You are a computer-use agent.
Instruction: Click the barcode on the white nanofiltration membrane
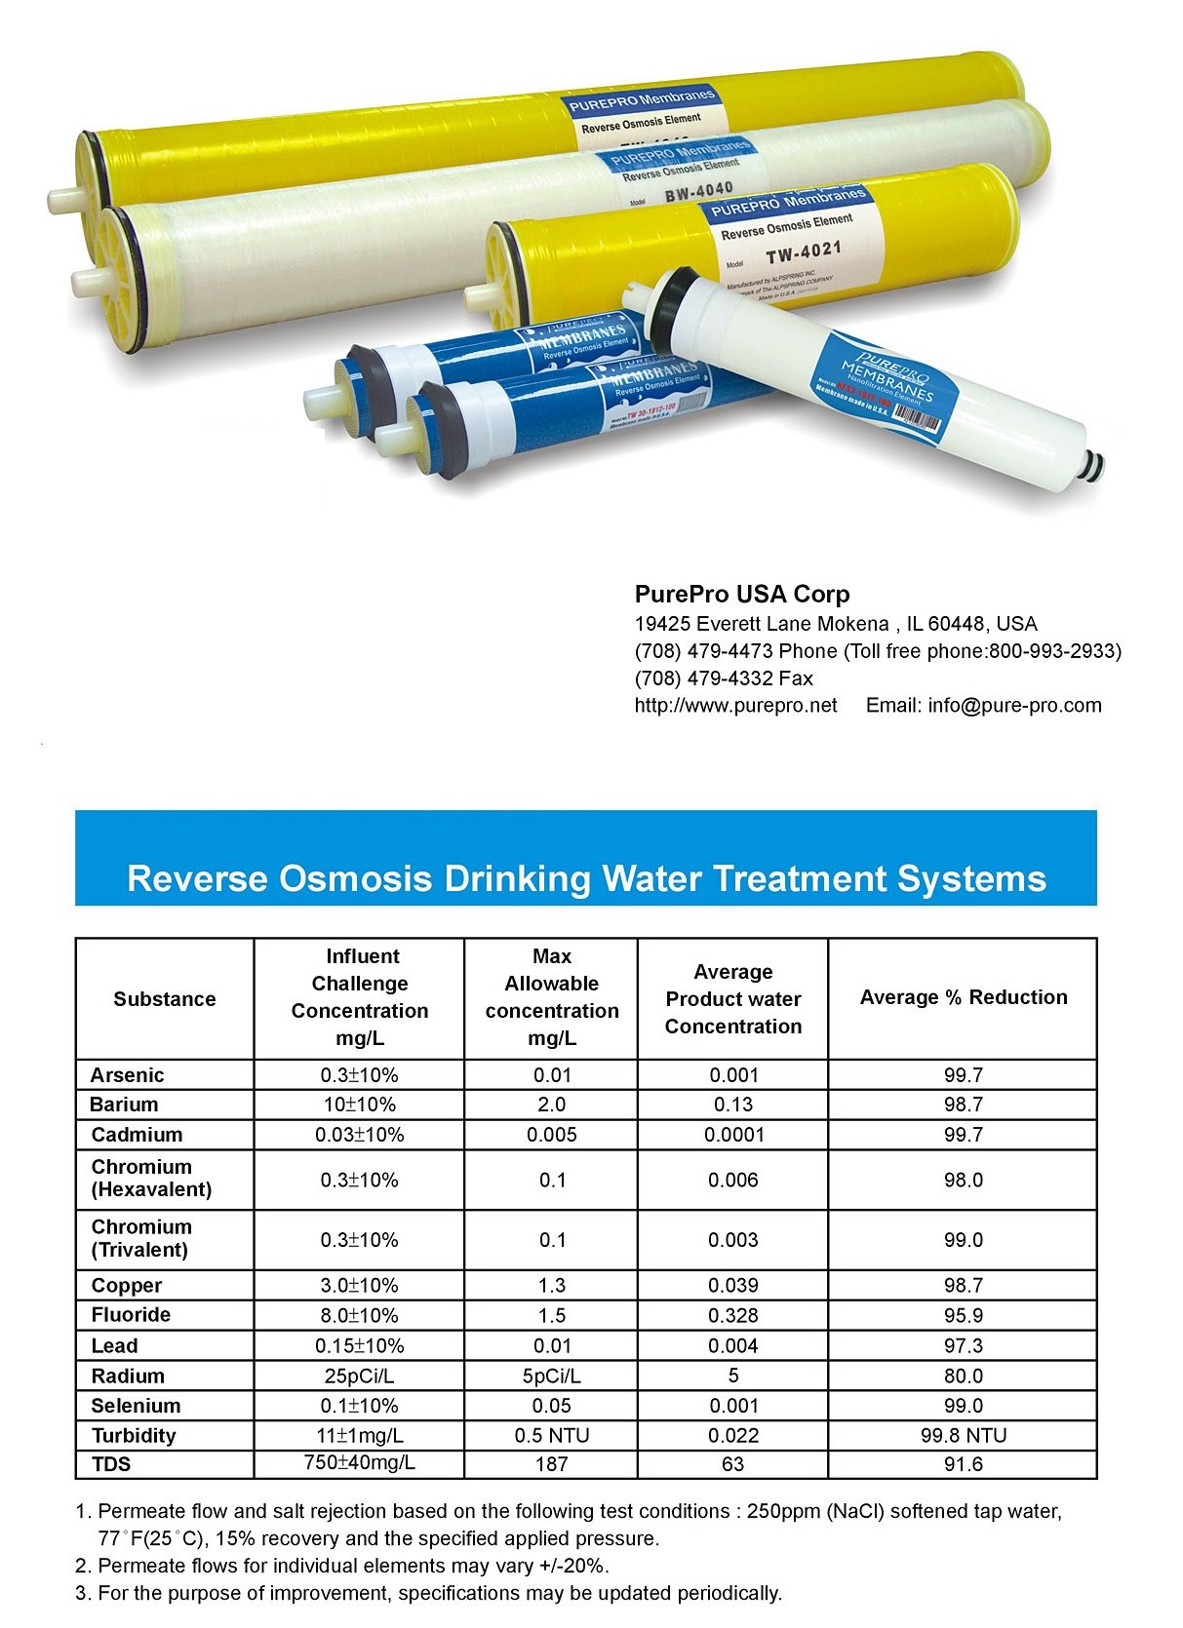tap(918, 418)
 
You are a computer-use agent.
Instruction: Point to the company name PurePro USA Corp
tap(741, 595)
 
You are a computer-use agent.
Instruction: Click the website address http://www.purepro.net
tap(735, 706)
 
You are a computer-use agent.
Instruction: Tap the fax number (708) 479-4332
tap(724, 678)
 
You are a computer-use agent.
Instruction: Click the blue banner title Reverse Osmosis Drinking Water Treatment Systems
tap(586, 878)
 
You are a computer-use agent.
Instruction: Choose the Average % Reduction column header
tap(963, 997)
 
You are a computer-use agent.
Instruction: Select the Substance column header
tap(164, 999)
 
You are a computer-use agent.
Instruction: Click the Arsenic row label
tap(127, 1075)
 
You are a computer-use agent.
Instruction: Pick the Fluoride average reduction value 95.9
tap(963, 1315)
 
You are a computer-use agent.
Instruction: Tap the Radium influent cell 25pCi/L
tap(359, 1376)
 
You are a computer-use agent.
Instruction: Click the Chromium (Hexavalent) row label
tap(151, 1179)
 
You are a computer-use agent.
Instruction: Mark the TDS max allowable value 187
tap(551, 1464)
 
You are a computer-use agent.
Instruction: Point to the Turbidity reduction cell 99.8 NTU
tap(963, 1435)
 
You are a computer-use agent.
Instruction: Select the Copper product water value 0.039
tap(732, 1286)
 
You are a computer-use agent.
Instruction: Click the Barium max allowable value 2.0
tap(551, 1105)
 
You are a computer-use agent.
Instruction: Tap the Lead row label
tap(114, 1346)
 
